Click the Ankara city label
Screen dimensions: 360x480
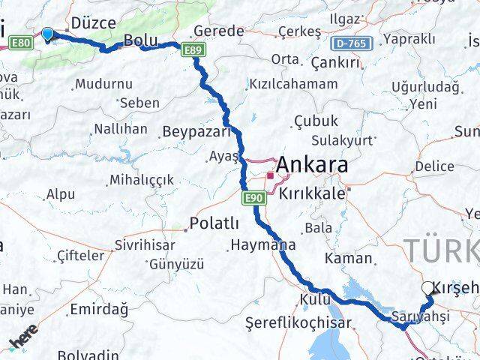313,164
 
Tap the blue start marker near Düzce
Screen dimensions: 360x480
48,34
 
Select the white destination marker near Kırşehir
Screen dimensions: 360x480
427,288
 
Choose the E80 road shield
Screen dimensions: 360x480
22,43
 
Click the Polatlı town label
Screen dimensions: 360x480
214,223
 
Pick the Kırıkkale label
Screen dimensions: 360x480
311,193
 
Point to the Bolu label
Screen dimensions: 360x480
139,40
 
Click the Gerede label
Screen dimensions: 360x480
218,31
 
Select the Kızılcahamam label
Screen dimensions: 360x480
293,83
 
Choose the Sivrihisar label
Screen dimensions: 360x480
145,245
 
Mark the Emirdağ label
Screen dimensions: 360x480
98,308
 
